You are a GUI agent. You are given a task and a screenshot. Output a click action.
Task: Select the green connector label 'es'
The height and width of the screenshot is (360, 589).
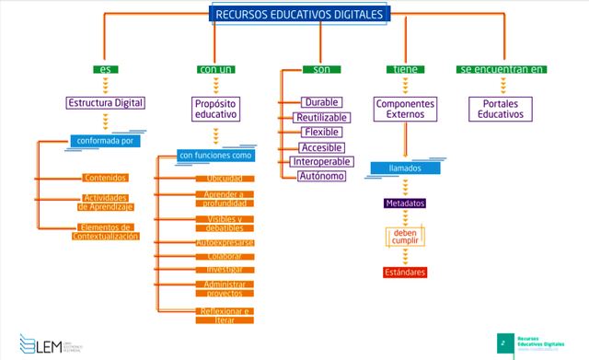(x=105, y=70)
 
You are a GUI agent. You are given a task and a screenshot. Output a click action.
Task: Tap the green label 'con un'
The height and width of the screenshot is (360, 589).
(x=214, y=70)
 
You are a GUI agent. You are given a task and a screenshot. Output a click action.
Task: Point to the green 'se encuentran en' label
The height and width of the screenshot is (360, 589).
(x=501, y=70)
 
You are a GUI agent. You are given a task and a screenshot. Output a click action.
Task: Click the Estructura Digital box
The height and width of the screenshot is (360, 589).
(x=105, y=103)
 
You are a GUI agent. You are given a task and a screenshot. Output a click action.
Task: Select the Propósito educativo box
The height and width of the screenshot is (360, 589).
(x=216, y=110)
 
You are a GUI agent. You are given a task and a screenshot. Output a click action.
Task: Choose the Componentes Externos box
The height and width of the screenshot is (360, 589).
(x=405, y=110)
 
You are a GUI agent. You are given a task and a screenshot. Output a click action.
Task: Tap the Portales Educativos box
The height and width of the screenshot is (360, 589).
(x=502, y=110)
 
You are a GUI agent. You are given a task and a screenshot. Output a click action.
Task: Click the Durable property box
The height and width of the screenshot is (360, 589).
(x=321, y=102)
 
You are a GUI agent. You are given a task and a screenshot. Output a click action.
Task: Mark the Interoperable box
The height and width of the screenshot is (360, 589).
(x=319, y=161)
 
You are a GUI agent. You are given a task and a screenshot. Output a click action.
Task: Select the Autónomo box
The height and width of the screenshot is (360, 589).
(x=321, y=176)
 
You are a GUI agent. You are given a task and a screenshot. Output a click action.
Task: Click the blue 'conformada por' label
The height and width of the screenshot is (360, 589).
(x=104, y=142)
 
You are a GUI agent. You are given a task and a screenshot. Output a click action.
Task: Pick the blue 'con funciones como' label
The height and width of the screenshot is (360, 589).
(x=214, y=156)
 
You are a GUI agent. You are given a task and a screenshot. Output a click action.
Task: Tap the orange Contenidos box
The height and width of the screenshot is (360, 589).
(x=105, y=177)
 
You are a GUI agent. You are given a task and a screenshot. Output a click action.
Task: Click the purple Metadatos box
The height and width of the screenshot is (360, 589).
(x=404, y=203)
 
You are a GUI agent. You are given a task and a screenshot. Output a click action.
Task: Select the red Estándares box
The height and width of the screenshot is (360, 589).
(x=404, y=273)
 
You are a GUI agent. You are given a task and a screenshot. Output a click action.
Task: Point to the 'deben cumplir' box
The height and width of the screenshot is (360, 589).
(x=405, y=238)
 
